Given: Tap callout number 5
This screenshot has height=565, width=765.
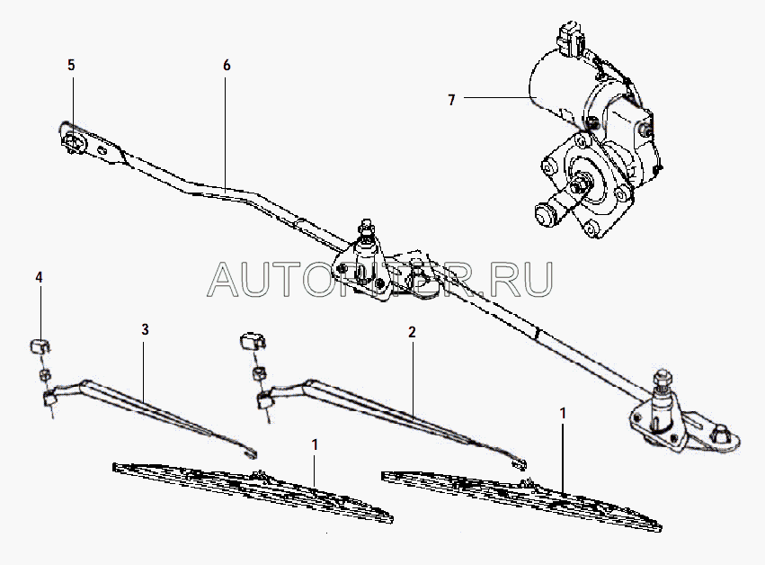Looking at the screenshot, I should (x=71, y=66).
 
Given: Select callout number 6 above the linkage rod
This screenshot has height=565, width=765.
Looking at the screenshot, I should (x=227, y=66).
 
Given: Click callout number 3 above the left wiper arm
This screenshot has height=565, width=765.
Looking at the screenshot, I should (x=144, y=330).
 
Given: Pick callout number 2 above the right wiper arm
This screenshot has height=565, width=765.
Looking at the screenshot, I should (x=412, y=332).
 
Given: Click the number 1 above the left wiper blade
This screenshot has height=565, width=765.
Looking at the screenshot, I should (x=315, y=444).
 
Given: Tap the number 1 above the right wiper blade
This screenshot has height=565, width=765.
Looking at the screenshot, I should (x=563, y=415).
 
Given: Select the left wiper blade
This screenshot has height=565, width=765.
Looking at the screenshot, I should (x=252, y=491).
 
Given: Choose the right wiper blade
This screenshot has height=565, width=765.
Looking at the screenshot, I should (x=521, y=498).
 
